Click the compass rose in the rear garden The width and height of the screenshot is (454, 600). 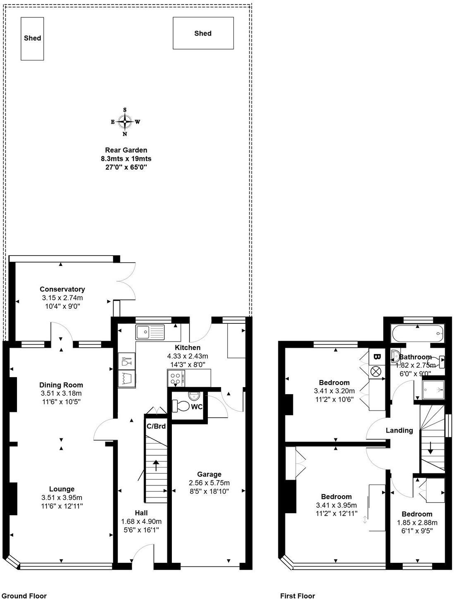125,122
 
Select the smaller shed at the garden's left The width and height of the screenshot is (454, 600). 32,38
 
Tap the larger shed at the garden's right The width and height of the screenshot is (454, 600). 203,33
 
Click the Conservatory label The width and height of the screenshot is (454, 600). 62,289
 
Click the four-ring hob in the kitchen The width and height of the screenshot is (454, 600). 176,378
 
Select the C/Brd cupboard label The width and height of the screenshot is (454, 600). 156,426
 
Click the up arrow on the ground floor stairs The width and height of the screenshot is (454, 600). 156,465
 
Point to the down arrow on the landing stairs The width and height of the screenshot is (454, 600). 430,447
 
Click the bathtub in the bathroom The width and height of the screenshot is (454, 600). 417,332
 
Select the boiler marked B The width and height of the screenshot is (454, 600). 376,356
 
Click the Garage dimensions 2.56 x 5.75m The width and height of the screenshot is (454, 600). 209,483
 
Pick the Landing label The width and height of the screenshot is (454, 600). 399,430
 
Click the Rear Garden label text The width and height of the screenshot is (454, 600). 126,151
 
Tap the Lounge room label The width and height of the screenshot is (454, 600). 62,489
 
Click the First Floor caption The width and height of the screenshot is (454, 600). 297,596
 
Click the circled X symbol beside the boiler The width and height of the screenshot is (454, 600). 376,371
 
